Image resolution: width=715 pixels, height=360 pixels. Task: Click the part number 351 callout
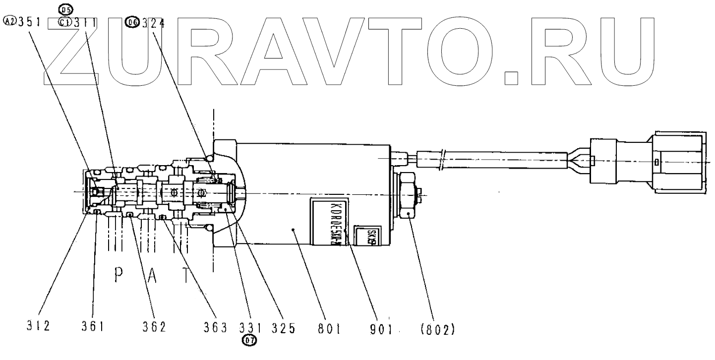pyautogui.click(x=30, y=22)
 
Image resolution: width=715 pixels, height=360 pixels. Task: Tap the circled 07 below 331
pyautogui.click(x=249, y=340)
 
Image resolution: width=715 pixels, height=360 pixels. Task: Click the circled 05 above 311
pyautogui.click(x=65, y=8)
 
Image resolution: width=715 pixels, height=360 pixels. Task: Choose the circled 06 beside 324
pyautogui.click(x=132, y=22)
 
